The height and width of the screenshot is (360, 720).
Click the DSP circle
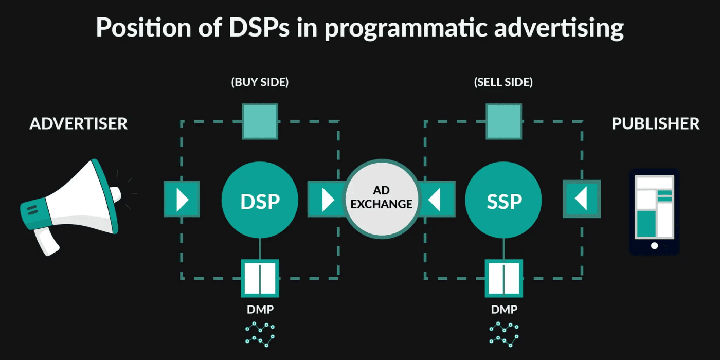click(x=260, y=200)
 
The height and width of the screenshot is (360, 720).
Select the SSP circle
click(x=503, y=200)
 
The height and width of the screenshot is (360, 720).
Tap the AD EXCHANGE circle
click(x=382, y=198)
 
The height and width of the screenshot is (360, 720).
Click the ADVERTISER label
click(x=79, y=124)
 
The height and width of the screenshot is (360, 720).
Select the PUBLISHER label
click(x=655, y=124)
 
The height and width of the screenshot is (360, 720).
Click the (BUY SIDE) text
click(x=260, y=82)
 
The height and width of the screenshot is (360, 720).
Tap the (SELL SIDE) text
click(x=503, y=82)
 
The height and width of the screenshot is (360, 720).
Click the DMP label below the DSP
click(x=260, y=310)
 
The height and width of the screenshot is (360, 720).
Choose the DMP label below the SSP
click(x=503, y=310)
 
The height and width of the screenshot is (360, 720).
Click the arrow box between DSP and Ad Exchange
click(x=325, y=200)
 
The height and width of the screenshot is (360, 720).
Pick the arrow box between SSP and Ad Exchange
click(x=437, y=200)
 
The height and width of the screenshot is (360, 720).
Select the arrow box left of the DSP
click(x=182, y=200)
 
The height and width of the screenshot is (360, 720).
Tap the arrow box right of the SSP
click(x=582, y=200)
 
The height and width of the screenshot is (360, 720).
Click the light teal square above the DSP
click(x=260, y=121)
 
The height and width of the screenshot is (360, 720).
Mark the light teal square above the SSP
click(x=503, y=121)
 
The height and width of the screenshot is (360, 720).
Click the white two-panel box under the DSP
click(x=260, y=278)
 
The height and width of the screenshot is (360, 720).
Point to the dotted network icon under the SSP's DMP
click(x=503, y=334)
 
